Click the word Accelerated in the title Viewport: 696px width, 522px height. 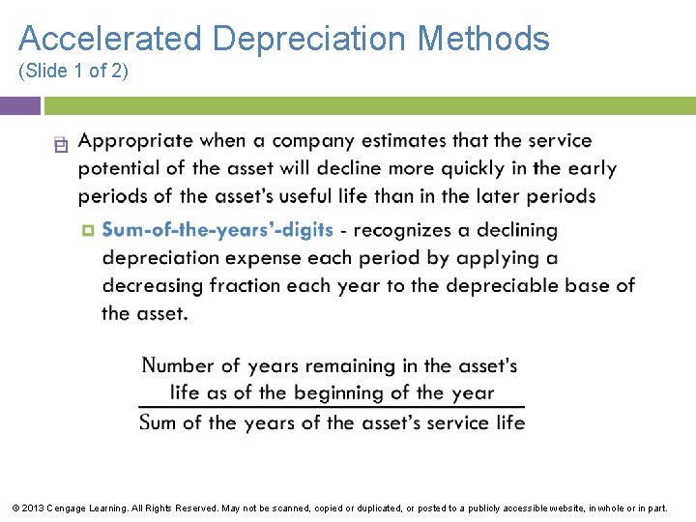pyautogui.click(x=110, y=39)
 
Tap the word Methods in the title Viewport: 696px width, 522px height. pyautogui.click(x=483, y=39)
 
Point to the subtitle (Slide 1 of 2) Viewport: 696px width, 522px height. pyautogui.click(x=73, y=72)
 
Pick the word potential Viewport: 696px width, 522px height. pyautogui.click(x=119, y=169)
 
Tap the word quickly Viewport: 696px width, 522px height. pyautogui.click(x=478, y=168)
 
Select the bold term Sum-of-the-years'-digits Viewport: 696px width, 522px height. pyautogui.click(x=217, y=230)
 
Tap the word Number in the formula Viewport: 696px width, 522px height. pyautogui.click(x=177, y=365)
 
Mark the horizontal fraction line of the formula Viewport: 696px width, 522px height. pyautogui.click(x=332, y=407)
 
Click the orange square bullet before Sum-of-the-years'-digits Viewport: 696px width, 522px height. pyautogui.click(x=88, y=231)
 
